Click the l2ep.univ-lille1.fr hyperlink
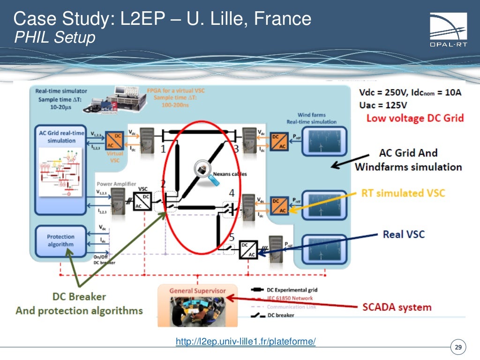pyautogui.click(x=245, y=342)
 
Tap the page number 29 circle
pyautogui.click(x=458, y=347)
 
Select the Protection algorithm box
pyautogui.click(x=60, y=240)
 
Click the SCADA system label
pyautogui.click(x=397, y=307)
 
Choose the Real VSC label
pyautogui.click(x=404, y=234)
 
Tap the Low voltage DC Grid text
pyautogui.click(x=415, y=118)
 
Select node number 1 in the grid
pyautogui.click(x=163, y=150)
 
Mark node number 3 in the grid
pyautogui.click(x=236, y=150)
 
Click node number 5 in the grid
pyautogui.click(x=232, y=237)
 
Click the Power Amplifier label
pyautogui.click(x=117, y=184)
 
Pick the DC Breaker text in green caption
pyautogui.click(x=79, y=297)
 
